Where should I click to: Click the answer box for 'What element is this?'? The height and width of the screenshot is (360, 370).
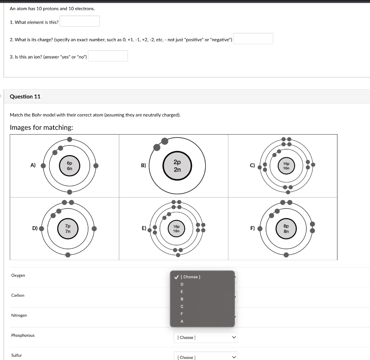click(x=79, y=21)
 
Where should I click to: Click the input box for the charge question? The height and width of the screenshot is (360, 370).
click(x=253, y=39)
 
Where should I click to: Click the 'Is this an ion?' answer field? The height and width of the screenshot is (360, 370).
click(x=108, y=56)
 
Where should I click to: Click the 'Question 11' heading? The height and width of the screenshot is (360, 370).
click(x=25, y=97)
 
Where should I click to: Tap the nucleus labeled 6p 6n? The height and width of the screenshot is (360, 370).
click(x=69, y=166)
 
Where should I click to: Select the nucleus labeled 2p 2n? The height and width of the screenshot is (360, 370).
click(x=177, y=166)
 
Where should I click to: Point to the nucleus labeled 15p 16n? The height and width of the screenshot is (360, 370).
click(x=286, y=166)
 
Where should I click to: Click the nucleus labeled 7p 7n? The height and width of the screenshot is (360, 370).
click(x=68, y=229)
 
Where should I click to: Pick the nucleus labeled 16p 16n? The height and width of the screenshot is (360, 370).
click(x=176, y=229)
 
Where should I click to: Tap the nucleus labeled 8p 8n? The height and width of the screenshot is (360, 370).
click(x=286, y=229)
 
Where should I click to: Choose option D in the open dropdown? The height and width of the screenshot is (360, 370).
click(x=182, y=284)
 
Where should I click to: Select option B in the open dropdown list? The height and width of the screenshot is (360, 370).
click(x=182, y=299)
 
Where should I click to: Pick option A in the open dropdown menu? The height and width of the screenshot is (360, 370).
click(x=182, y=321)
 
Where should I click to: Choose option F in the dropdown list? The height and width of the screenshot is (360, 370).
click(x=182, y=314)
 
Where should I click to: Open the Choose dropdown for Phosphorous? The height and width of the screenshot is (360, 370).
click(x=205, y=338)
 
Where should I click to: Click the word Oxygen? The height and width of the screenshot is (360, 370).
click(x=18, y=275)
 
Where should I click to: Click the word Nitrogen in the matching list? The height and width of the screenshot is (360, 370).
click(x=19, y=315)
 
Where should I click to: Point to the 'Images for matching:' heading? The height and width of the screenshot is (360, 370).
click(x=41, y=127)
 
